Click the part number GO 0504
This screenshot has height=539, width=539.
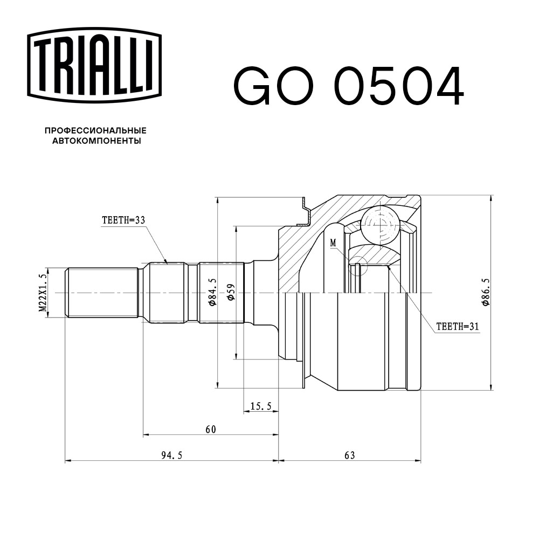(x=348, y=86)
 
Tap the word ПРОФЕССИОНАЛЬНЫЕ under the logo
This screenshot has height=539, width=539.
(x=95, y=131)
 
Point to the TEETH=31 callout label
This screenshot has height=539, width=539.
(x=457, y=326)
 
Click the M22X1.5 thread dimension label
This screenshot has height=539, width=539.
(x=42, y=293)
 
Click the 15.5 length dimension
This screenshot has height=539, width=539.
(x=261, y=406)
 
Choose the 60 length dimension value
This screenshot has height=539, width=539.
(x=211, y=429)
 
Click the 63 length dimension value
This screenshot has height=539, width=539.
(x=350, y=455)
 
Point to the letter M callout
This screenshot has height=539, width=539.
(x=333, y=243)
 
